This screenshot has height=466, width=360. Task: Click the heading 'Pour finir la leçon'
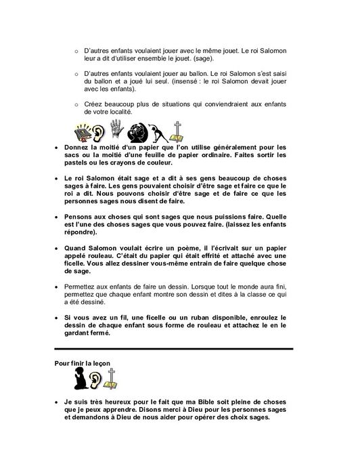point(82,363)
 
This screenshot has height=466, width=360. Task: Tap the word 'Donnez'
point(75,147)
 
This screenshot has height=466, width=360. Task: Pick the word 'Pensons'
point(77,217)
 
